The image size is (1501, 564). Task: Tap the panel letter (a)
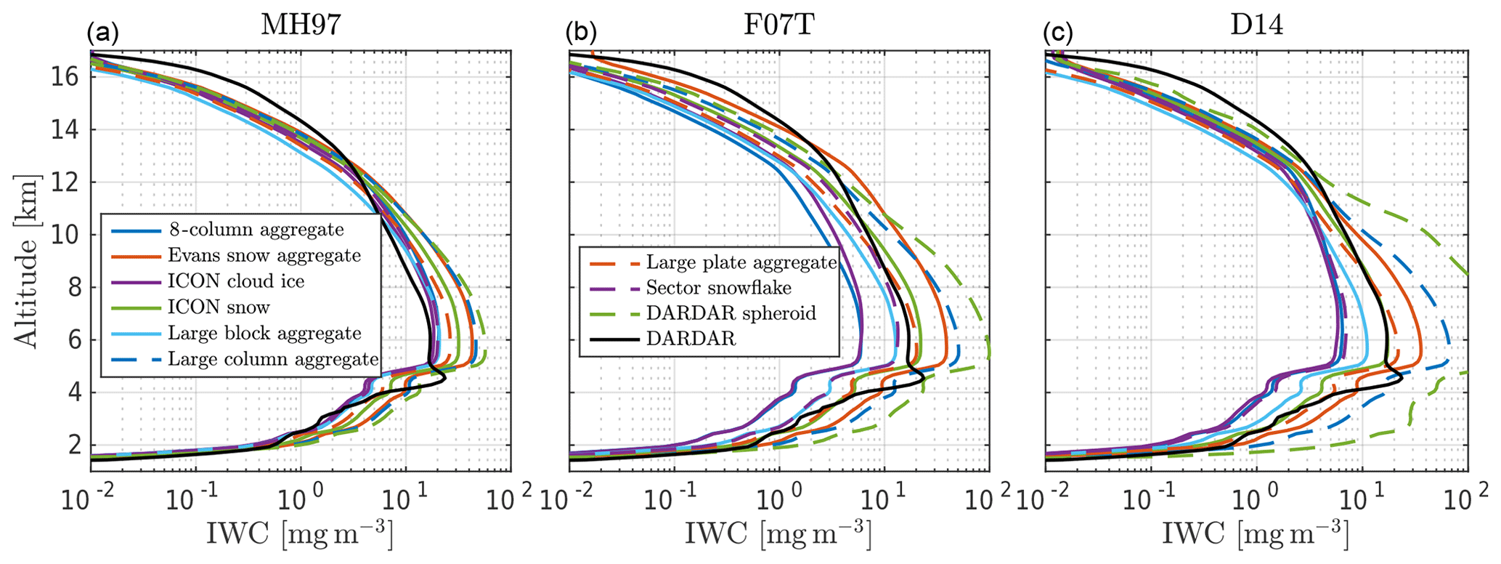click(x=102, y=33)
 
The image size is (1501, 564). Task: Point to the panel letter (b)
click(x=580, y=33)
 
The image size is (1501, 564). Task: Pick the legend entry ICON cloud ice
click(x=236, y=281)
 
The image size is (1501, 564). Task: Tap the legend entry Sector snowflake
click(x=718, y=288)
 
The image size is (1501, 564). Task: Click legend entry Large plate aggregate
click(x=741, y=262)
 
